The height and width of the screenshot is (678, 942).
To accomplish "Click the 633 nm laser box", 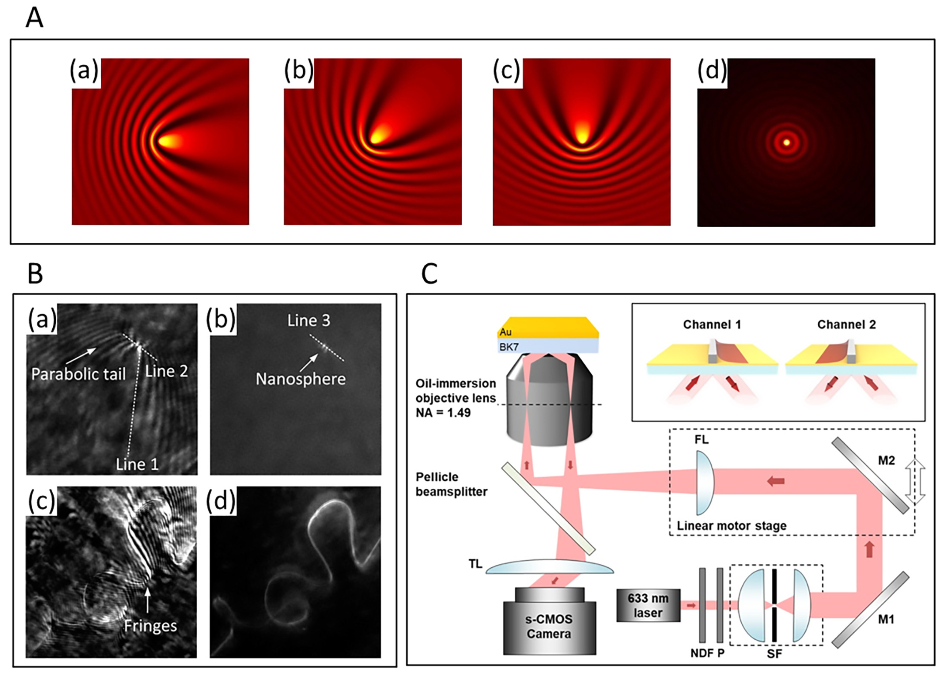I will coord(648,605).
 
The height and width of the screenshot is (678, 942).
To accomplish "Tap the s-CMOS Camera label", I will coord(549,627).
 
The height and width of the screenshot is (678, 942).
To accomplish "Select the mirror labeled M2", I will coord(870,475).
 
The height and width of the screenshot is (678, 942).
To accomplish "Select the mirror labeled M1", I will coord(870,610).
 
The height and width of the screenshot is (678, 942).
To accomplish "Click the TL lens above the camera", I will coord(549,567).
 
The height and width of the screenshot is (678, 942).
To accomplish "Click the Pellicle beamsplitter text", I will coord(452,484).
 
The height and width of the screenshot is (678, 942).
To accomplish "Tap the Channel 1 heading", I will coord(712,324).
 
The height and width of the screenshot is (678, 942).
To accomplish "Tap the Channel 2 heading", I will coord(846,324).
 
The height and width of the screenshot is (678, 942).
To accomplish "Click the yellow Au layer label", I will coord(505,332).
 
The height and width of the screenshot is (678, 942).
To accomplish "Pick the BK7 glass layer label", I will coord(509,347).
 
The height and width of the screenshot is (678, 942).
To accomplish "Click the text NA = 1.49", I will coord(443,413).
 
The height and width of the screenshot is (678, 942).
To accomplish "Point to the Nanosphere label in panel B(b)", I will coord(300,379).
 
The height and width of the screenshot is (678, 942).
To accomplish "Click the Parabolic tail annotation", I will coord(78,374).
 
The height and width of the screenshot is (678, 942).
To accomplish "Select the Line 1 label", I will coord(137,464).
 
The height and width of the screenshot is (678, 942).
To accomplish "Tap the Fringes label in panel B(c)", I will coord(150,626).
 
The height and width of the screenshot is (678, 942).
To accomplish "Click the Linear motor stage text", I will coord(732,525).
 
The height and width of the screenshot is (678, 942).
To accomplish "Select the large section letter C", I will coord(429,274).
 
